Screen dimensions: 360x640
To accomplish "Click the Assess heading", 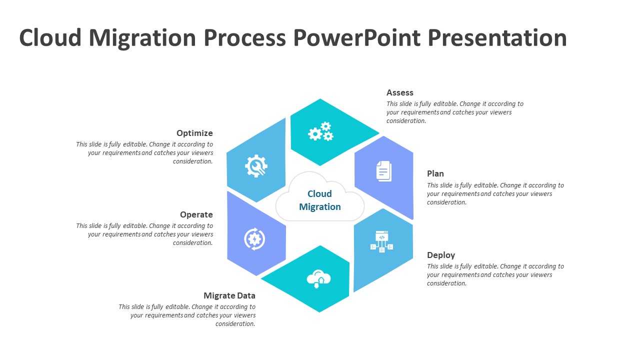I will (399, 92).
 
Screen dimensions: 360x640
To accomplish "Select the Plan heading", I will (435, 173).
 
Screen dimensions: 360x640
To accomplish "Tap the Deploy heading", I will (440, 255).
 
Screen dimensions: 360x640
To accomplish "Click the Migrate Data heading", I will (229, 295).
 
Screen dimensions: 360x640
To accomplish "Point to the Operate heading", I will (196, 214).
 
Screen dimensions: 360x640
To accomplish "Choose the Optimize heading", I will (194, 133).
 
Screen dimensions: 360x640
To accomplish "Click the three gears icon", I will (320, 132).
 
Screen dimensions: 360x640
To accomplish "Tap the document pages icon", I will (383, 171).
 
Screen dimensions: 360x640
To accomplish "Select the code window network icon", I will (381, 241).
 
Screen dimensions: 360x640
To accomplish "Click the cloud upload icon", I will (319, 278).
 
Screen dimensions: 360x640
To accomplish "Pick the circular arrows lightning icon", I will (254, 238).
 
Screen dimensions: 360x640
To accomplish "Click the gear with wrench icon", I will (256, 166).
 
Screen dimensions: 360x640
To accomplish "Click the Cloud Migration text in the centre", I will (319, 200).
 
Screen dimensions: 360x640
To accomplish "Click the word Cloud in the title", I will (50, 38).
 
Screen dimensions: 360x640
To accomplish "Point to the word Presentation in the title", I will (497, 38).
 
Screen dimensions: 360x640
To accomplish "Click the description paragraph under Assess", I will (454, 112).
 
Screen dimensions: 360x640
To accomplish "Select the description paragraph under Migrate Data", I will (187, 315).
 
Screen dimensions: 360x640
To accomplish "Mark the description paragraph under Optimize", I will (144, 152).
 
